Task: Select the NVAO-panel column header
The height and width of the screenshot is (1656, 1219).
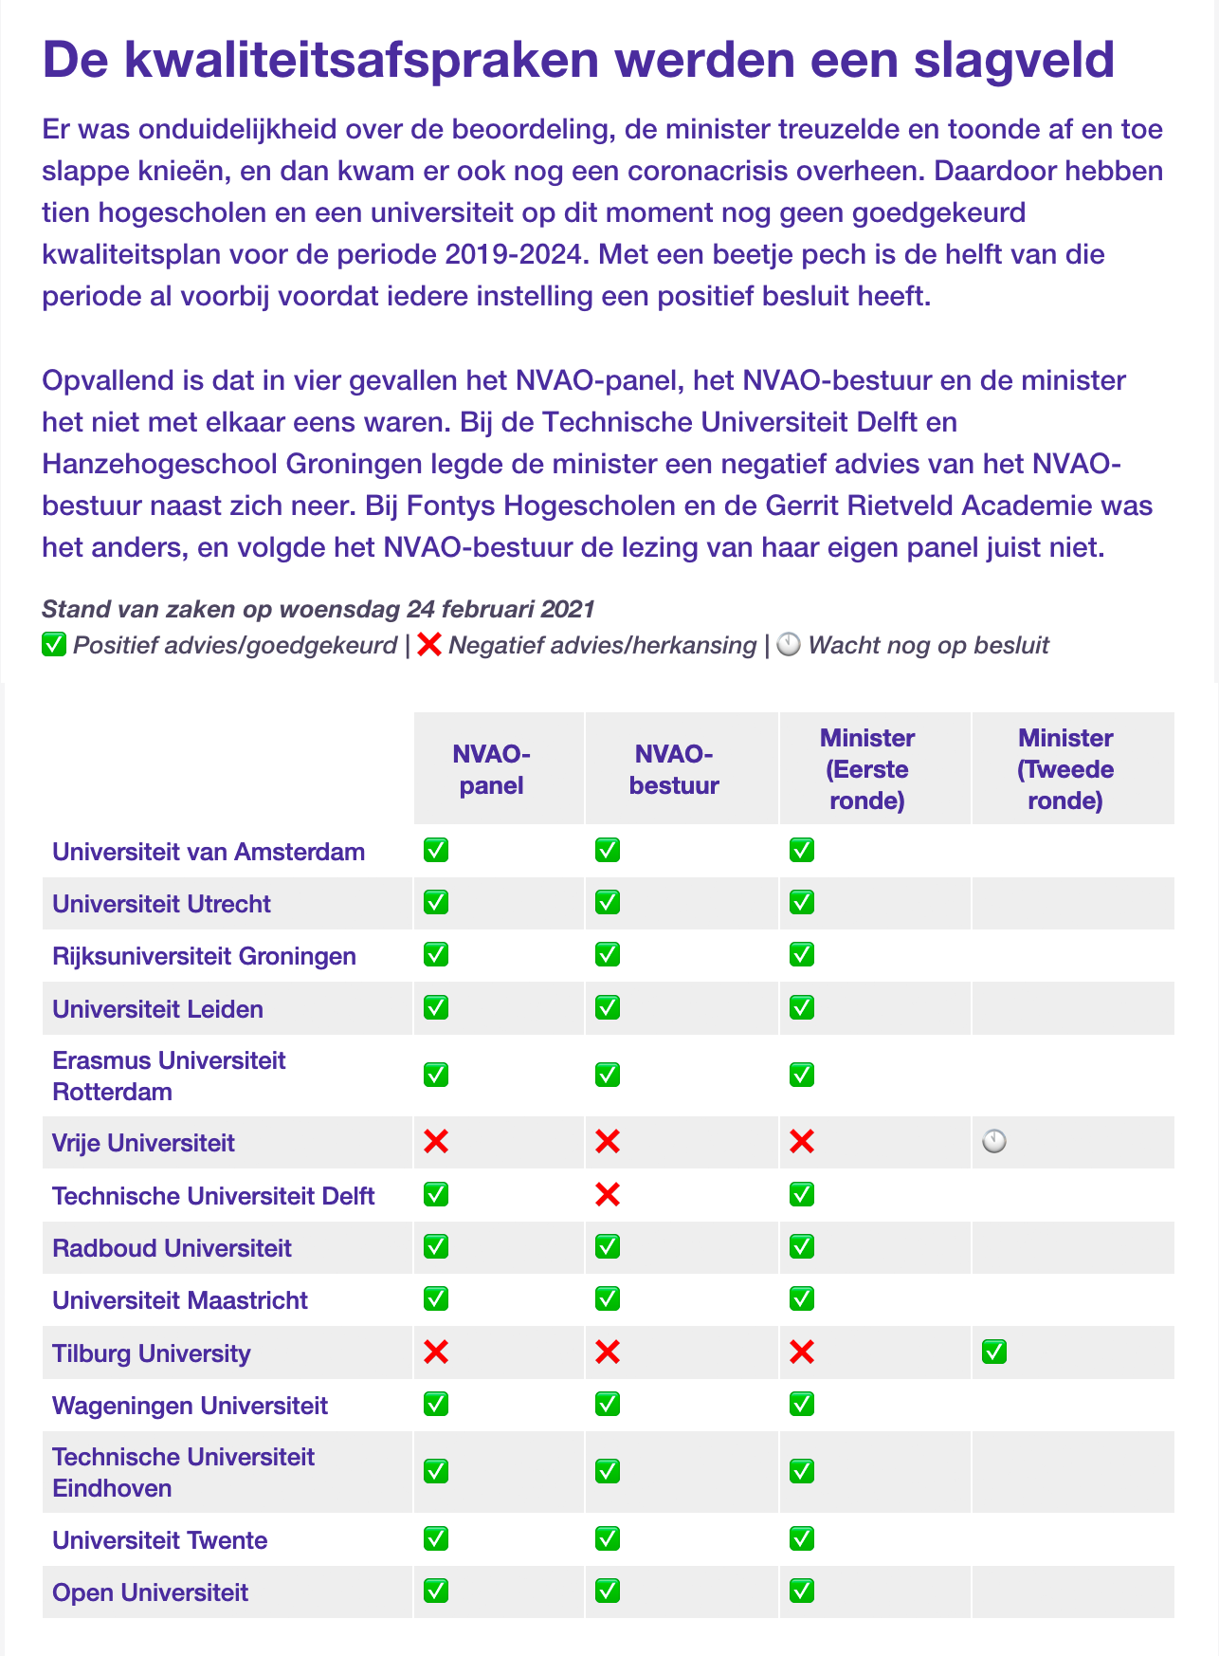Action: coord(491,769)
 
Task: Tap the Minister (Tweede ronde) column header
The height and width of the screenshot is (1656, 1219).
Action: coord(1064,769)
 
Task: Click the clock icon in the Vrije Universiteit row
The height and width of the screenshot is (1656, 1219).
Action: coord(994,1142)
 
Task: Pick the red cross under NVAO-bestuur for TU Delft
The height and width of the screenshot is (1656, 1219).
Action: coord(608,1194)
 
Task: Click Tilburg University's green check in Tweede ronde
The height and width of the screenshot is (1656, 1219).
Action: coord(994,1352)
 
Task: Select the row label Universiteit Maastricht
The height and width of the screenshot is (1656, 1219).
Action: coord(180,1299)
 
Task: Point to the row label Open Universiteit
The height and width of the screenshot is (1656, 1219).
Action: coord(150,1592)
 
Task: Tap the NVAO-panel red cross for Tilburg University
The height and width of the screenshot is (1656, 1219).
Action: coord(436,1352)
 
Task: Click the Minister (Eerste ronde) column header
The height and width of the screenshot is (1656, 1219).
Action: coord(866,769)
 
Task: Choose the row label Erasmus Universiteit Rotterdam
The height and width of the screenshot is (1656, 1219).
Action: coord(169,1076)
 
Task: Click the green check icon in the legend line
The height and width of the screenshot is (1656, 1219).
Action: coord(54,646)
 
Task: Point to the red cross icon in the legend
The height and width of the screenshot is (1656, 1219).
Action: coord(429,646)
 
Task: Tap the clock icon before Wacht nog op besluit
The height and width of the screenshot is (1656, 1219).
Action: coord(789,646)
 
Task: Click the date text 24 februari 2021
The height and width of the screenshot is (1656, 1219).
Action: coord(500,609)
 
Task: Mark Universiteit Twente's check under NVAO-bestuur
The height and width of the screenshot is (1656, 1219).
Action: coord(608,1538)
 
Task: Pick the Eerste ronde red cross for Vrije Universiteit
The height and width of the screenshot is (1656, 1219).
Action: coord(802,1142)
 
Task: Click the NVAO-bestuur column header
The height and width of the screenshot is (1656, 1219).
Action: coord(674,769)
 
